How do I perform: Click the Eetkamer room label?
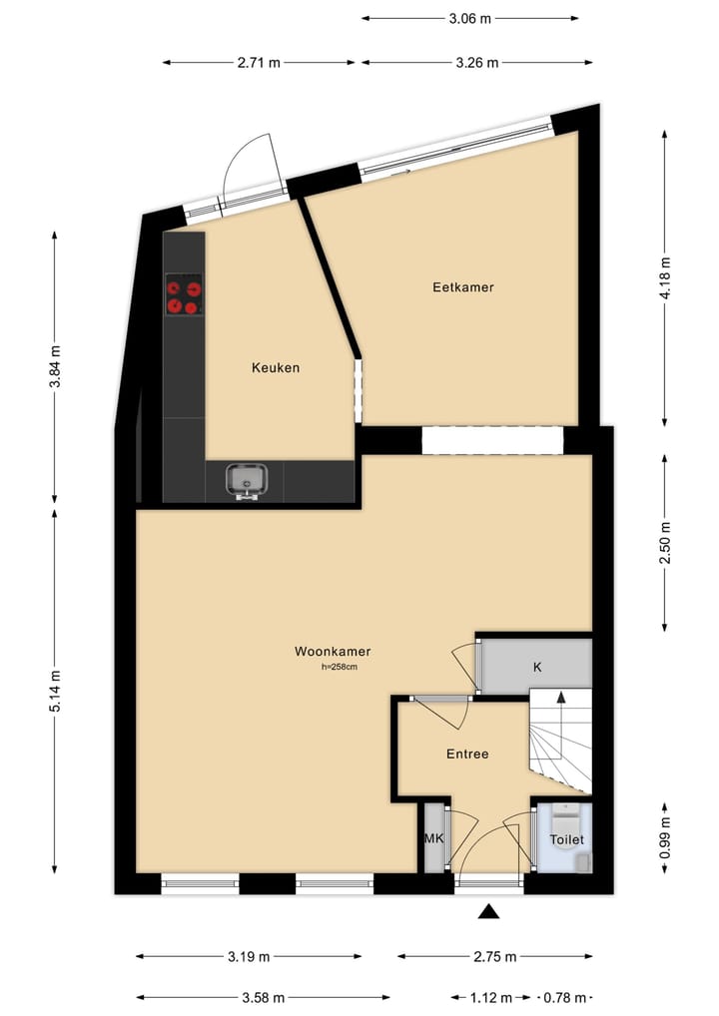click(462, 287)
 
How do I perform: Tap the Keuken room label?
click(275, 368)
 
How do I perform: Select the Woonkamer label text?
click(333, 652)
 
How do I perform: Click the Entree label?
click(467, 755)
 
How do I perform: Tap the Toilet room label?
click(566, 840)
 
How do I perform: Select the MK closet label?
click(433, 839)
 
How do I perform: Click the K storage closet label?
click(537, 668)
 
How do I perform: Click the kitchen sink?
click(247, 480)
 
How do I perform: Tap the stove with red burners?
click(184, 296)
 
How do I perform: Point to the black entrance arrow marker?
click(488, 910)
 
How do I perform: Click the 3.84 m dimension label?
click(55, 366)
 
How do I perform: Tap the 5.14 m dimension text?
click(55, 690)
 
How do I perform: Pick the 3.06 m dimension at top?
click(469, 18)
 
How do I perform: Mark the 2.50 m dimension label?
click(665, 542)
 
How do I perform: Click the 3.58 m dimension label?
click(264, 997)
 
